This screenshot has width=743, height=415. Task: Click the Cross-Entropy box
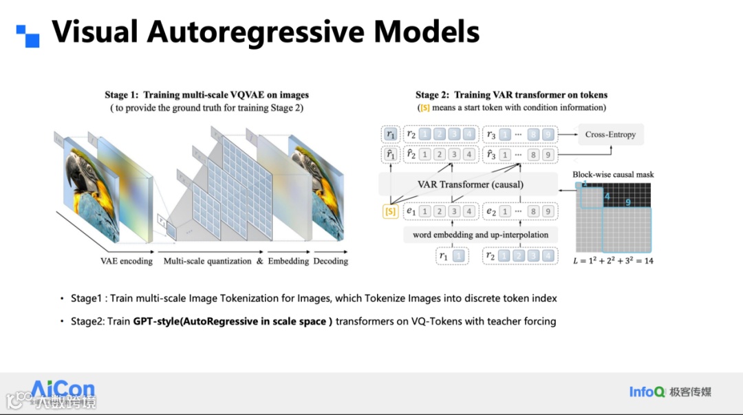[x=611, y=135]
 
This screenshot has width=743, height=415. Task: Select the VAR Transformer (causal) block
[x=470, y=184]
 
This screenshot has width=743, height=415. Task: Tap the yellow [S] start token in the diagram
[x=390, y=212]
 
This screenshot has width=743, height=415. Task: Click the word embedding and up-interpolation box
[x=480, y=235]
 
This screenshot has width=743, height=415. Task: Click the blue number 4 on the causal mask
[x=607, y=196]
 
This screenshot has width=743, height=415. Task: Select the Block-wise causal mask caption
[x=613, y=175]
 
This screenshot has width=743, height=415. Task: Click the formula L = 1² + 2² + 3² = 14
[x=612, y=261]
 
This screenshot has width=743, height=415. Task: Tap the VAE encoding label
[x=127, y=262]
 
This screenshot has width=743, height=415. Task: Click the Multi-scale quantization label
[x=208, y=262]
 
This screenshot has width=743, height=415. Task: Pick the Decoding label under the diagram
[x=330, y=262]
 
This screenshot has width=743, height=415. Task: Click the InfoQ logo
[x=647, y=392]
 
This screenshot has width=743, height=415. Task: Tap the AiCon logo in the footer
[x=63, y=390]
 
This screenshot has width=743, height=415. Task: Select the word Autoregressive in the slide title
[x=261, y=32]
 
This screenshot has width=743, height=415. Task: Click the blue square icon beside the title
[x=28, y=35]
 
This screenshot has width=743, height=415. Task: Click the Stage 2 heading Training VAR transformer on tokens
[x=511, y=95]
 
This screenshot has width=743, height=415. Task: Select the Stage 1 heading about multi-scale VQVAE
[x=206, y=95]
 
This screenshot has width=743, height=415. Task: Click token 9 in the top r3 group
[x=548, y=135]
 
